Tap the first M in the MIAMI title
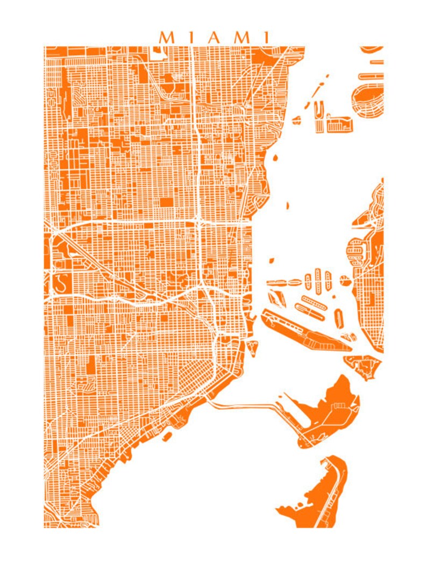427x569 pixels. tap(167, 37)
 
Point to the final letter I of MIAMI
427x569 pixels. tap(265, 37)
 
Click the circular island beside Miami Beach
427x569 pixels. tap(344, 280)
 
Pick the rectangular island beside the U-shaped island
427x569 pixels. tap(340, 124)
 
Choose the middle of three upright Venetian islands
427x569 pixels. tap(318, 279)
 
